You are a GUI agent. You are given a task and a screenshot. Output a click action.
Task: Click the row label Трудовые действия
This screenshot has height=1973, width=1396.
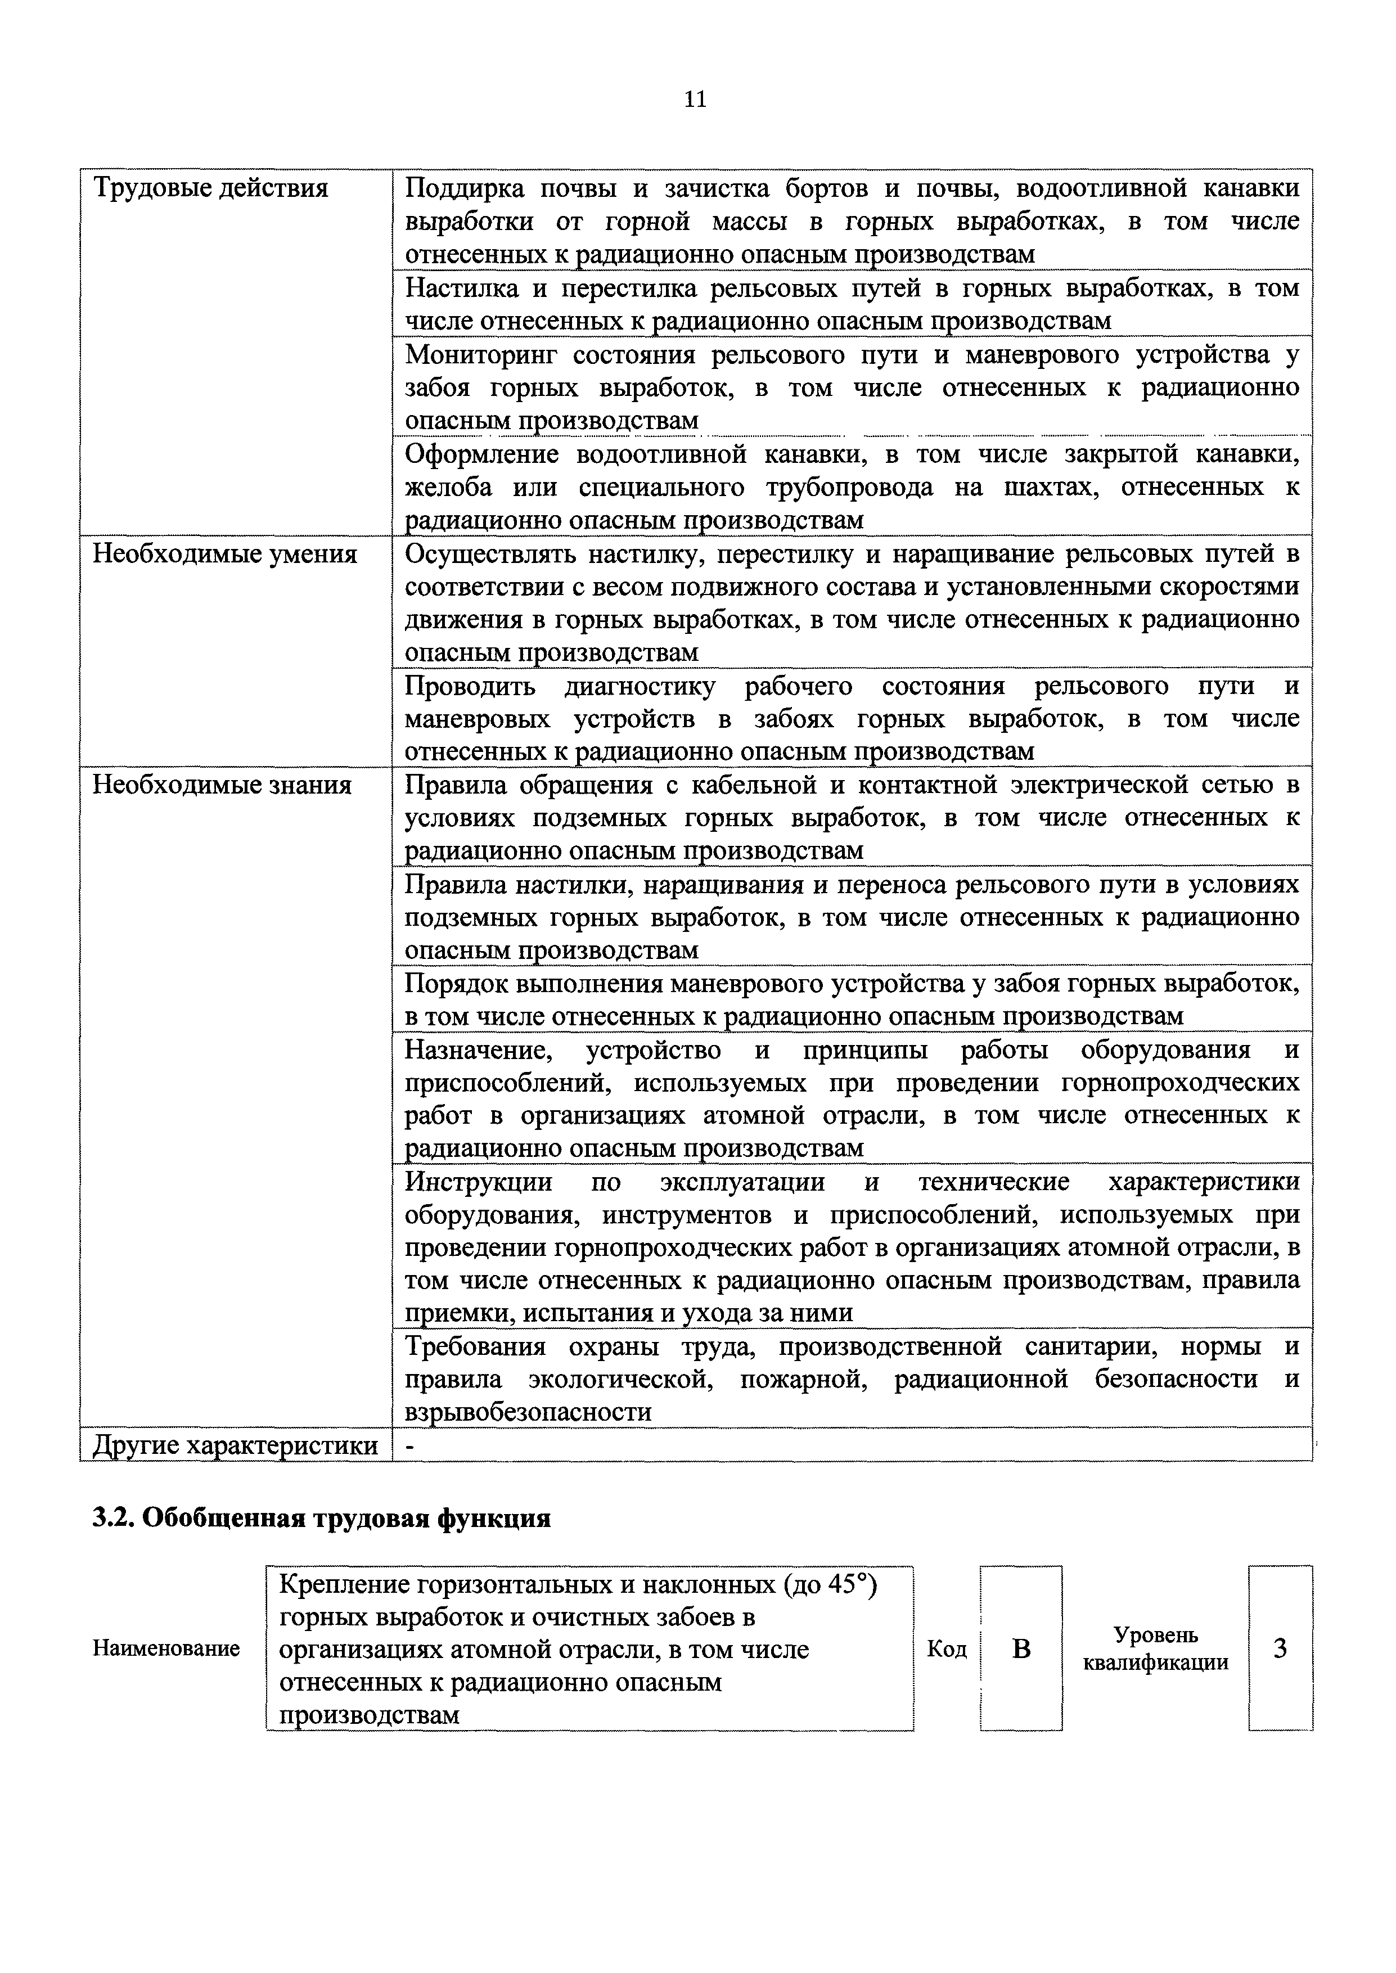point(210,187)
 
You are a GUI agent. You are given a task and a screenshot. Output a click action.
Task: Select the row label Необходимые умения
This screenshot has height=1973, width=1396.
point(224,554)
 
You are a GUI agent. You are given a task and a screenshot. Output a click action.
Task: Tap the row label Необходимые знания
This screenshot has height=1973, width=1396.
point(222,785)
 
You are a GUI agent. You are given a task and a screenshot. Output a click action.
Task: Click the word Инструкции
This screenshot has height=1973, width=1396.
point(479,1182)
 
